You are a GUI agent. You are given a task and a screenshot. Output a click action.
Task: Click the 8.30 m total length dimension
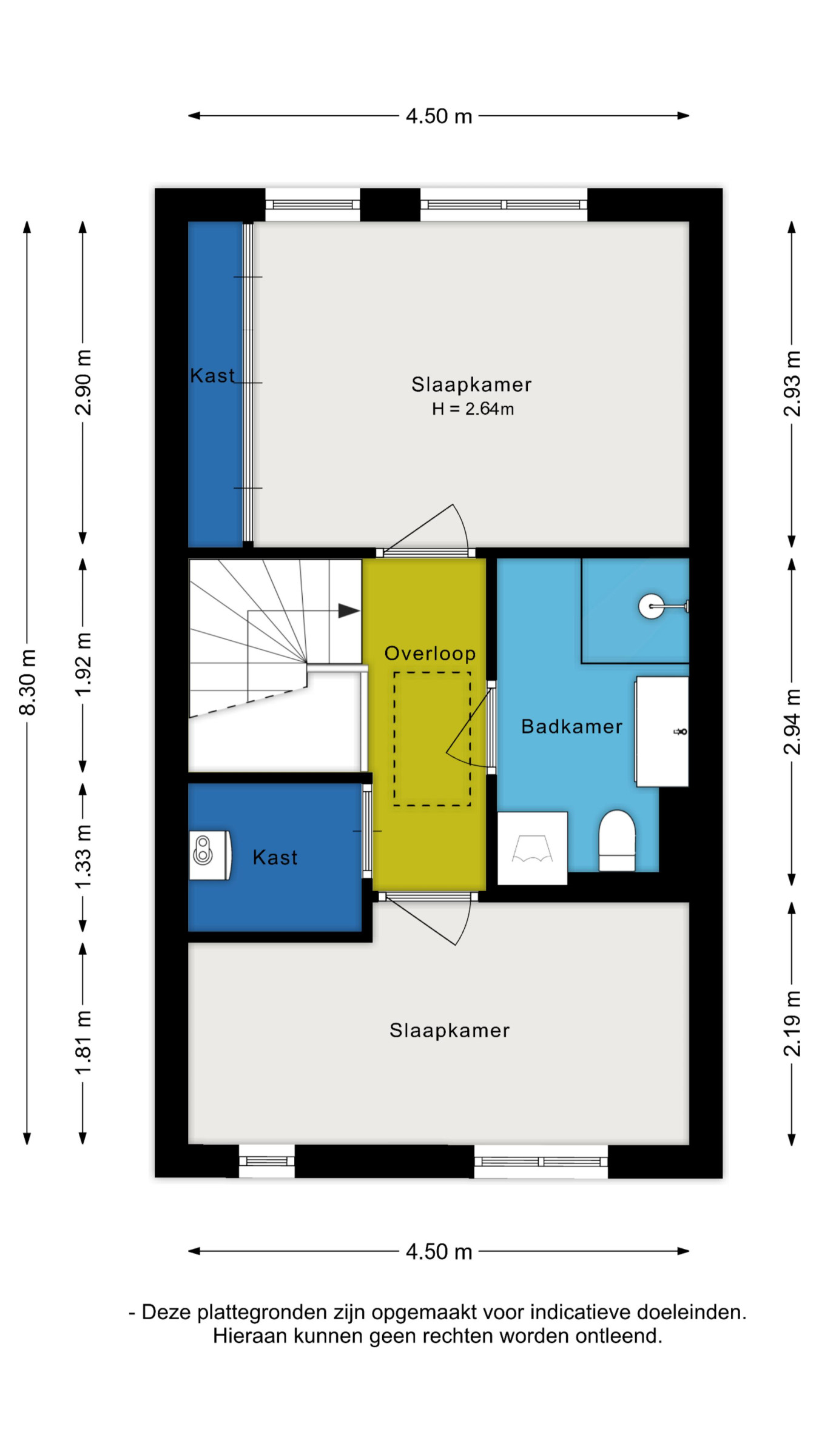(28, 682)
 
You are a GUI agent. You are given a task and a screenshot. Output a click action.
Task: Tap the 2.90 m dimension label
(83, 383)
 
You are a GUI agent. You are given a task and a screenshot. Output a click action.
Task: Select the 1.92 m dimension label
(83, 664)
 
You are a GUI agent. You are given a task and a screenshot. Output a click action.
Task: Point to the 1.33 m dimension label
(83, 857)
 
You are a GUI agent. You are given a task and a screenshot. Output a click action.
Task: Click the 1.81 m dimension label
(83, 1043)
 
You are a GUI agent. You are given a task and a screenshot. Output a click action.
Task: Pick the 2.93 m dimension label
(792, 384)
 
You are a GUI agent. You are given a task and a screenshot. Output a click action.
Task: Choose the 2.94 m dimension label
(792, 722)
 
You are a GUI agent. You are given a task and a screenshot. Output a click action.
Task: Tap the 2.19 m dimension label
(792, 1024)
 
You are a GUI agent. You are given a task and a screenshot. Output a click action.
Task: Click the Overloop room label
(430, 653)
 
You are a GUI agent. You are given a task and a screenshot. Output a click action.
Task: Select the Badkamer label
(571, 726)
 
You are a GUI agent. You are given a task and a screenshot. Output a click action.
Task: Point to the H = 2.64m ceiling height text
(473, 409)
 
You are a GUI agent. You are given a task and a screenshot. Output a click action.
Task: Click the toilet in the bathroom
(617, 840)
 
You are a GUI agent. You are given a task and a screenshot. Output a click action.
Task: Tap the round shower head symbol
(652, 606)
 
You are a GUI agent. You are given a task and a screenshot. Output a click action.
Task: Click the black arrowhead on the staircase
(349, 610)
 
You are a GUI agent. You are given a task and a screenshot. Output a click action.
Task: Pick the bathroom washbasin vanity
(662, 732)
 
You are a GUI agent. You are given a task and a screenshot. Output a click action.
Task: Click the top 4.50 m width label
(439, 116)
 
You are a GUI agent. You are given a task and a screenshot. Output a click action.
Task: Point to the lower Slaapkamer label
(450, 1030)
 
